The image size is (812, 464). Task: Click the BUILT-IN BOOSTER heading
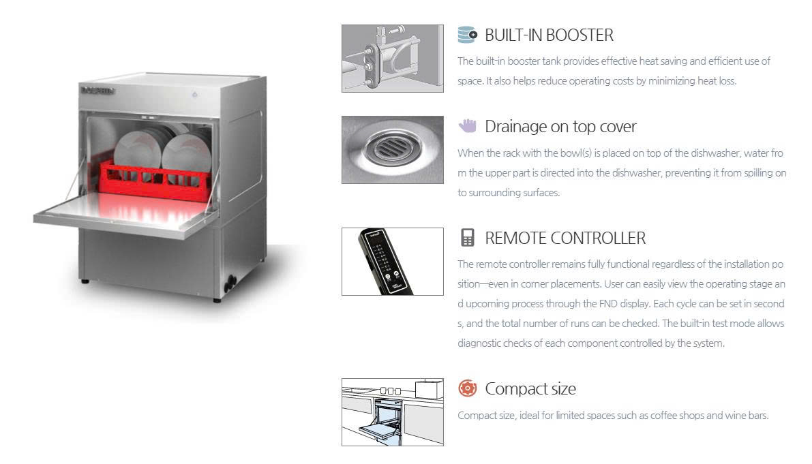(549, 35)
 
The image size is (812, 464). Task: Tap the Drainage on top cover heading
(560, 126)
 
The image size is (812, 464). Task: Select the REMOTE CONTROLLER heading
(565, 238)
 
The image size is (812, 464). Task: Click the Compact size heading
(530, 388)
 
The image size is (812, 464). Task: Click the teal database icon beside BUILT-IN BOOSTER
(468, 35)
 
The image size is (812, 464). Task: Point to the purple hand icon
(467, 125)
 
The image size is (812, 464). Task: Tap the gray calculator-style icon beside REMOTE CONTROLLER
(468, 237)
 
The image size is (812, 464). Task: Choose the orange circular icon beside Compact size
(467, 388)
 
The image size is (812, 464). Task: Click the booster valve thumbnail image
(393, 59)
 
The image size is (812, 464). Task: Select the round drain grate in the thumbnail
(392, 147)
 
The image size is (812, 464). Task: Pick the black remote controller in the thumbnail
(385, 261)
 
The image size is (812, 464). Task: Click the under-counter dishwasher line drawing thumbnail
(393, 412)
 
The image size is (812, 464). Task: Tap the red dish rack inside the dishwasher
(155, 181)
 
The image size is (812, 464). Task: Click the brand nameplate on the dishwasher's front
(97, 91)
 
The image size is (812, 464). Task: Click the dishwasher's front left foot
(85, 281)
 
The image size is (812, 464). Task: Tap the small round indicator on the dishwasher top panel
(195, 95)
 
